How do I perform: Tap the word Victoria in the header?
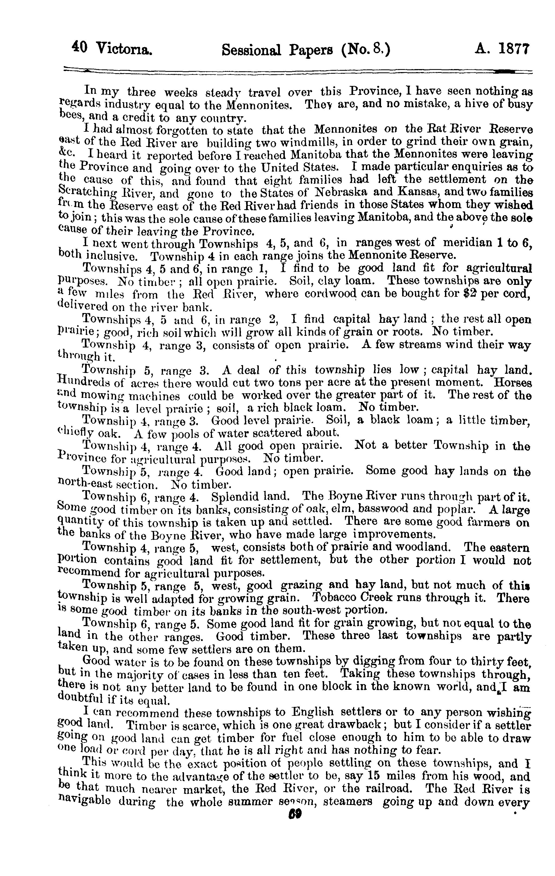pos(124,49)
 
